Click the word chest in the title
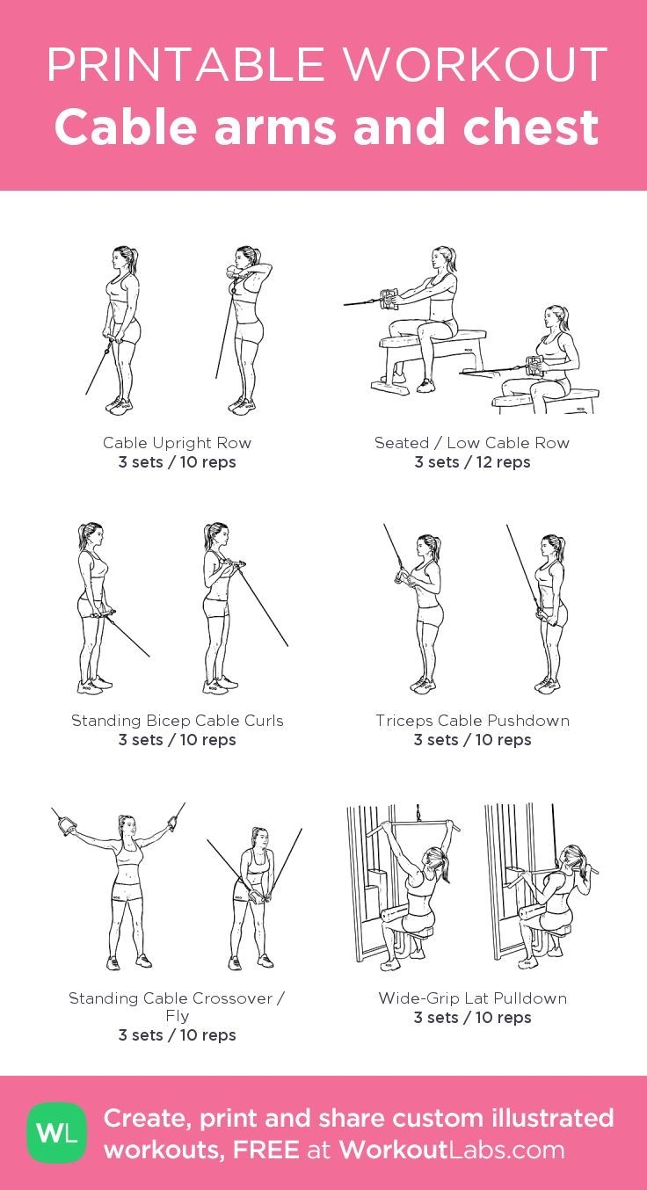[x=531, y=127]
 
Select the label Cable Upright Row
[x=177, y=443]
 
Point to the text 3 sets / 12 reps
[x=472, y=462]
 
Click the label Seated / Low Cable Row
[x=472, y=443]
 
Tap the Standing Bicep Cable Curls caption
[x=177, y=721]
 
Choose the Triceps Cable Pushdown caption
[x=472, y=721]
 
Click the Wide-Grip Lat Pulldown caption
[x=472, y=998]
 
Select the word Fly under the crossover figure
[x=177, y=1016]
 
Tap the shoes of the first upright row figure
[x=119, y=405]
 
